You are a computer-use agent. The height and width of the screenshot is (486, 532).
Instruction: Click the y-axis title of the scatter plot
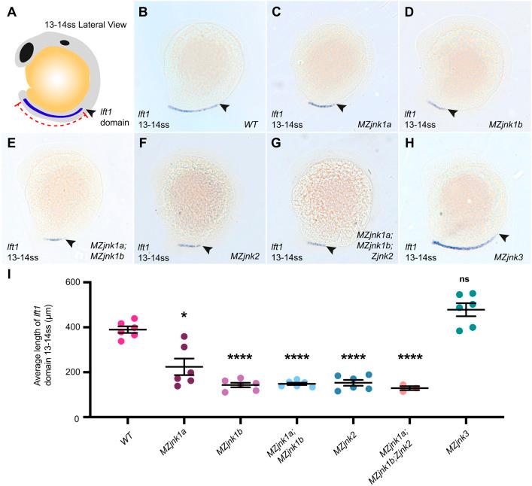[43, 350]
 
